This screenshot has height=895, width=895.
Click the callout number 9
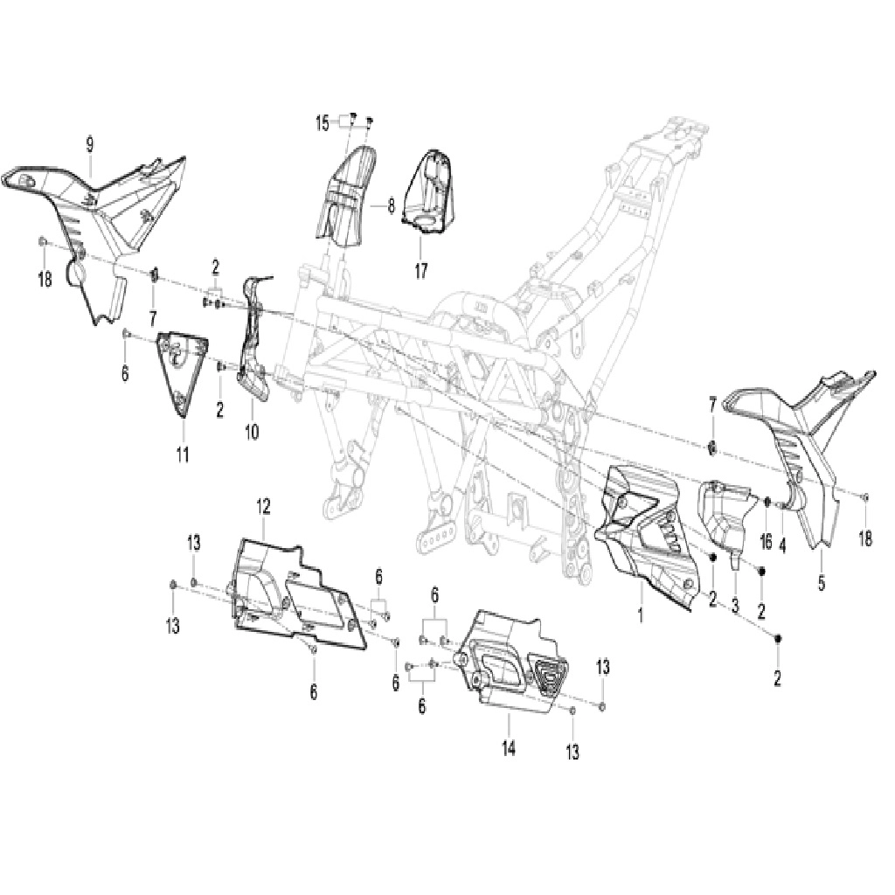coord(90,144)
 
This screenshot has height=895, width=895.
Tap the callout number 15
coord(323,122)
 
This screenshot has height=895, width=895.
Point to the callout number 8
coord(391,205)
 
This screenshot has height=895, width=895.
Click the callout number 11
coord(182,454)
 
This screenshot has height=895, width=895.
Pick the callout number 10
coord(252,432)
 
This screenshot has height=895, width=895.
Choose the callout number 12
coord(263,506)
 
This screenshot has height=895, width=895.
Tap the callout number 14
coord(509,747)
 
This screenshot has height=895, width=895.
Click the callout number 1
coord(641,614)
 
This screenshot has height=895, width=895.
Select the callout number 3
coord(735,605)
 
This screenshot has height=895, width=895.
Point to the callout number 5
coord(822,583)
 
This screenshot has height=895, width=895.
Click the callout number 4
coord(782,545)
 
